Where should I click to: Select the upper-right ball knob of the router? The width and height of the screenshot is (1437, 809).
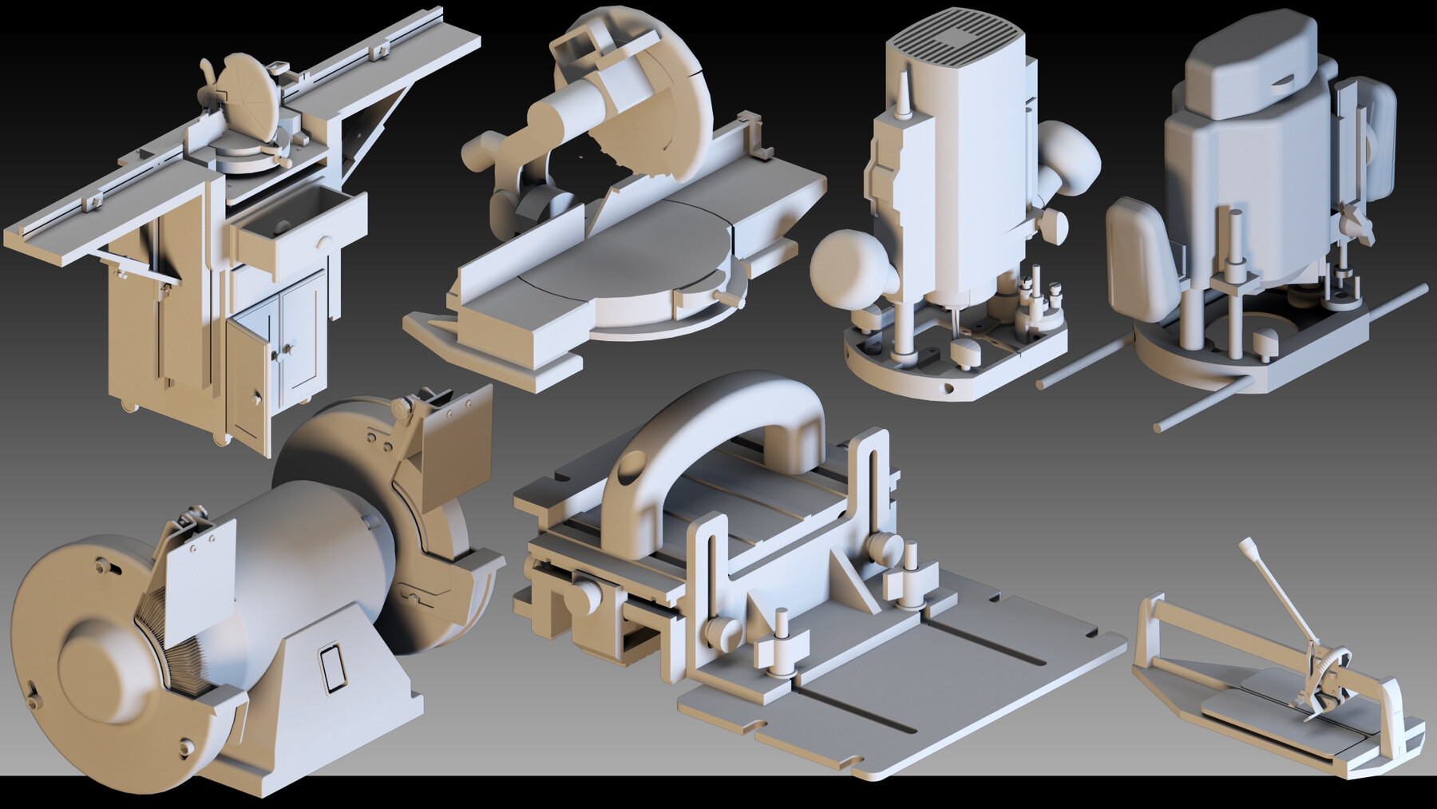coord(1066,160)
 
